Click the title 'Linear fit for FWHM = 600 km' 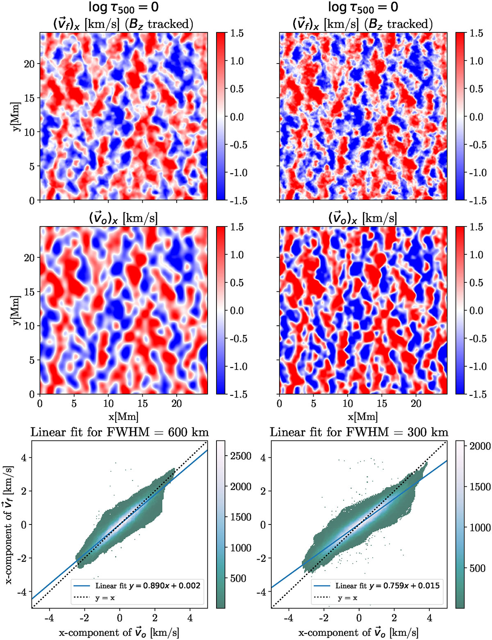coord(120,432)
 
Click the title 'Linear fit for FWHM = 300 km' coord(359,432)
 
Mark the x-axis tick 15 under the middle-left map coord(143,404)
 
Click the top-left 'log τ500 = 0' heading coord(123,7)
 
